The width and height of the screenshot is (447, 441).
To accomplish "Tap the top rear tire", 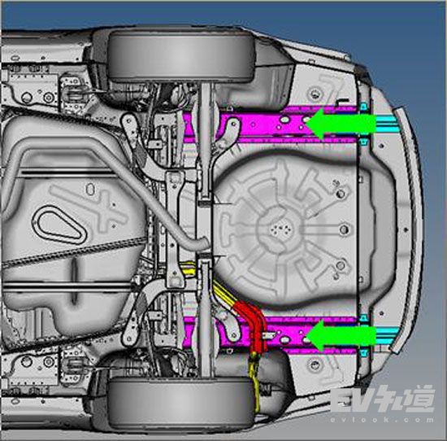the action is [180, 56].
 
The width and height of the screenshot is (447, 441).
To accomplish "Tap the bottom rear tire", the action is [180, 403].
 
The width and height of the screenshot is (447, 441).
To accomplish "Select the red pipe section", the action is [252, 325].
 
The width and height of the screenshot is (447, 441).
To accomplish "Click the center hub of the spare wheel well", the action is [278, 228].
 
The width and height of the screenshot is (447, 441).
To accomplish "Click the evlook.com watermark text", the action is [382, 420].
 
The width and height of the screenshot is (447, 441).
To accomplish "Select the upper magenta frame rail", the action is [271, 124].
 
